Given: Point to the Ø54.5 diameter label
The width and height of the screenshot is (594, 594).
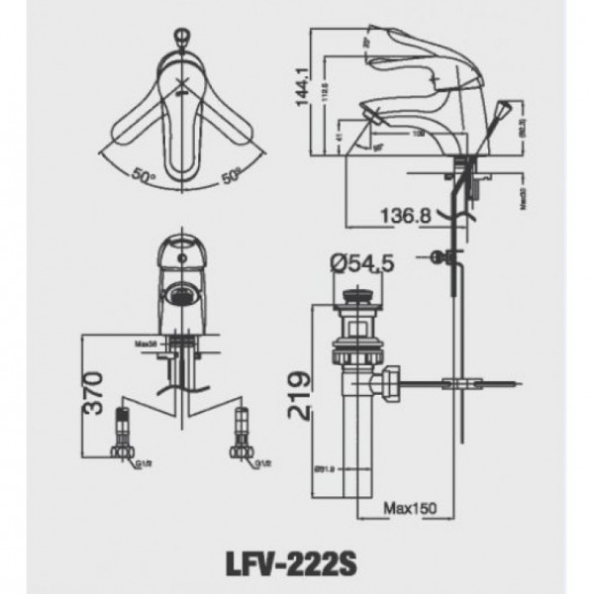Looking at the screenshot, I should (363, 263).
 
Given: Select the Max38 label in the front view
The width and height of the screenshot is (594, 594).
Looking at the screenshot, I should (148, 345).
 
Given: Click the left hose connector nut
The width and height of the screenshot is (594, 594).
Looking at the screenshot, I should (124, 450).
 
